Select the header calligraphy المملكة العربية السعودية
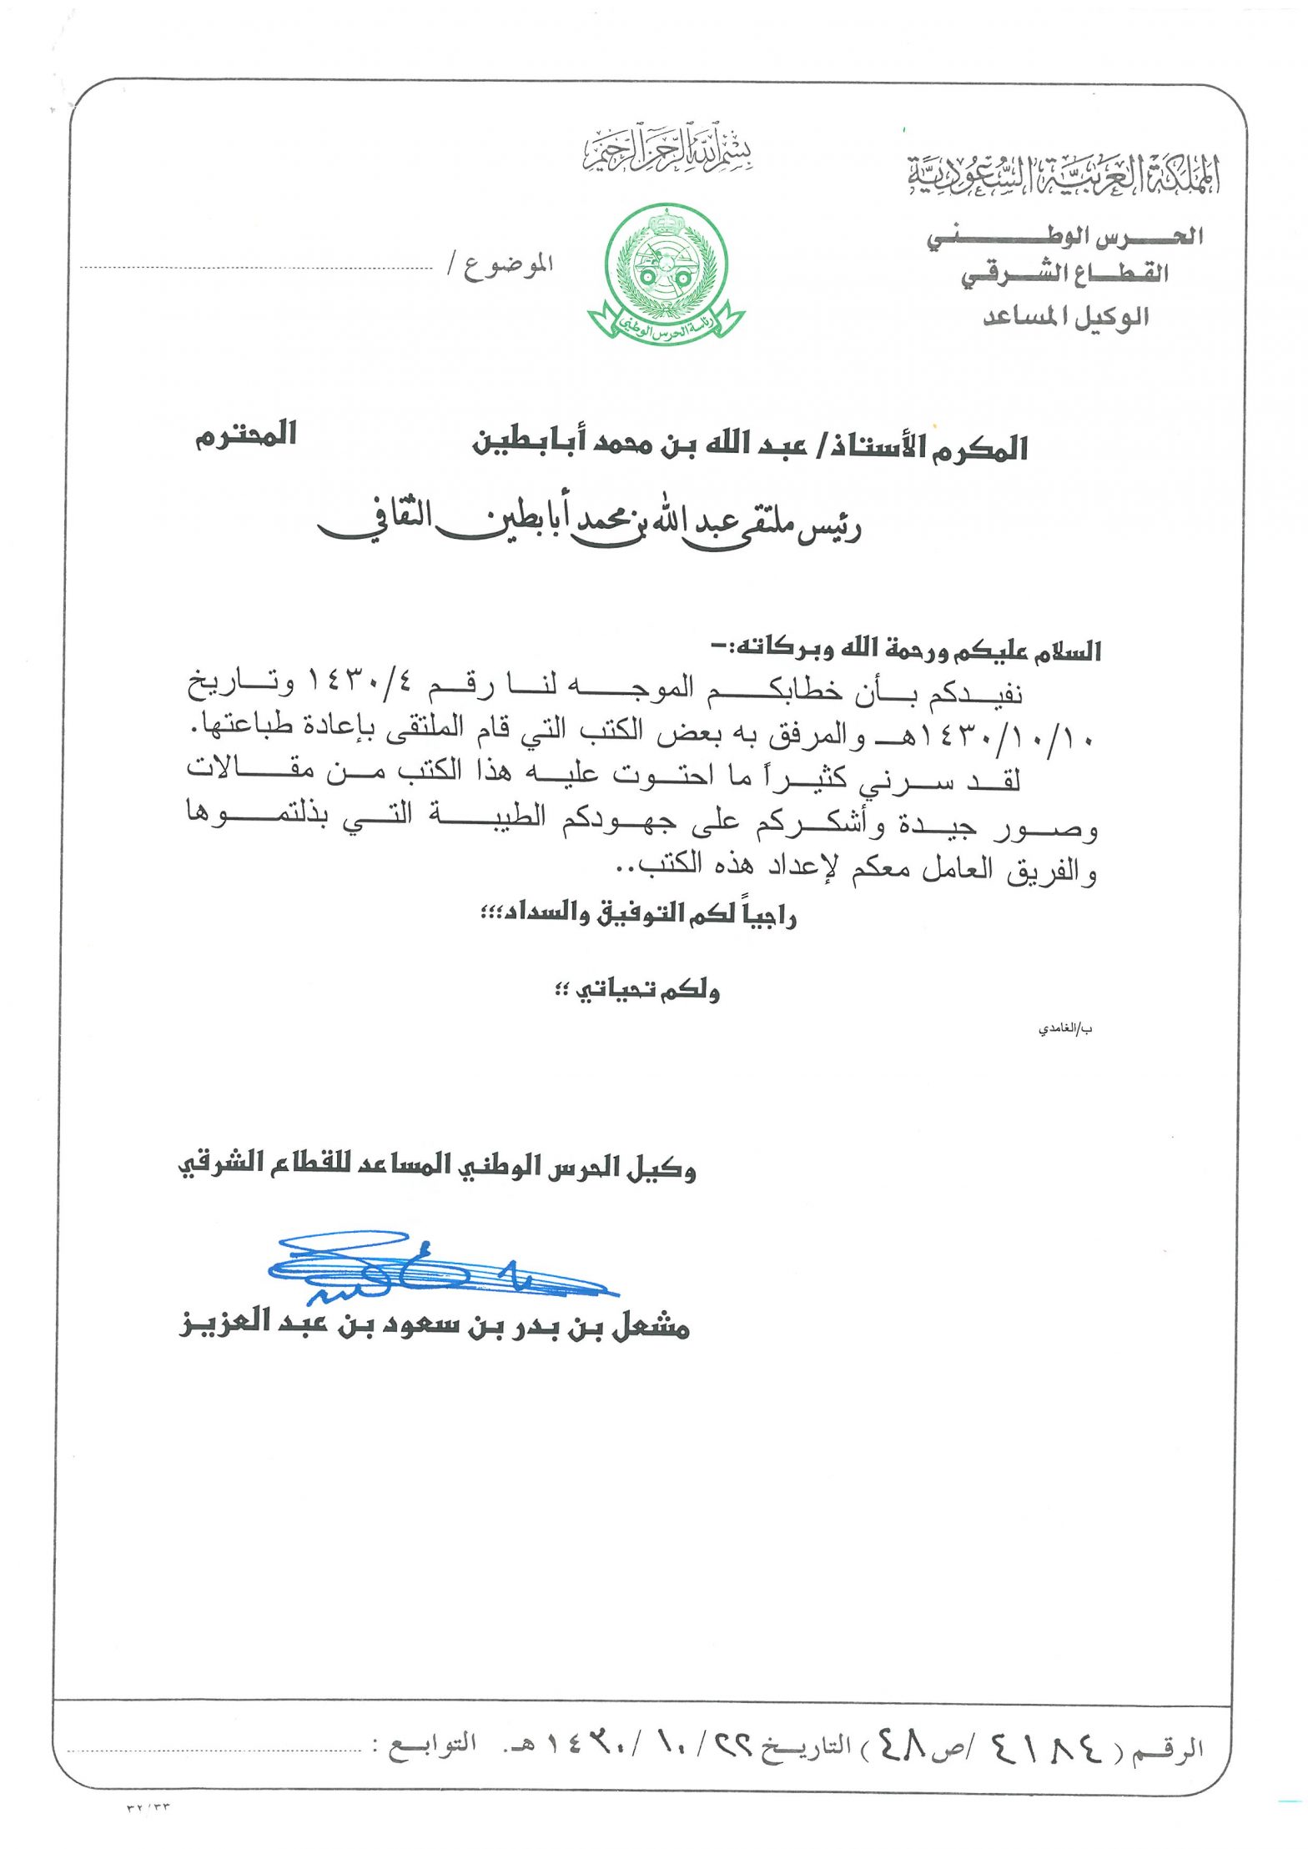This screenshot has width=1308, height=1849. pyautogui.click(x=1064, y=175)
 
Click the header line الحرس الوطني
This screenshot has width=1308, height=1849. pyautogui.click(x=1065, y=238)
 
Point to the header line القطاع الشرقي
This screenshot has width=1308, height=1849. pyautogui.click(x=1065, y=274)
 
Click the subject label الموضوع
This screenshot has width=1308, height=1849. pyautogui.click(x=508, y=266)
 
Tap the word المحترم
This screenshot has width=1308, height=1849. pyautogui.click(x=246, y=436)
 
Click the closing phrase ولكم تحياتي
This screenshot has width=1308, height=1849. pyautogui.click(x=638, y=991)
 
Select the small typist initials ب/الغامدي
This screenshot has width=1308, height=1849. pyautogui.click(x=1065, y=1029)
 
